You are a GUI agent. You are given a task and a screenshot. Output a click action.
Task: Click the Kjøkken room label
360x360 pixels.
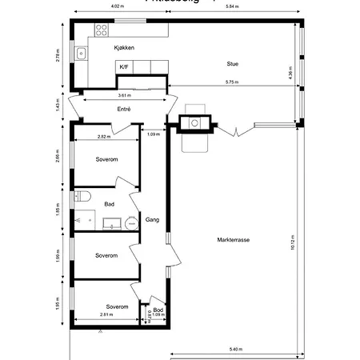pyautogui.click(x=124, y=49)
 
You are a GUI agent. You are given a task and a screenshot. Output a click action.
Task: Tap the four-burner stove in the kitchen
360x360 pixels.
pyautogui.click(x=102, y=30)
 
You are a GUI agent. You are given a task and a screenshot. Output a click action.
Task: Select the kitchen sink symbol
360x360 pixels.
pyautogui.click(x=81, y=54)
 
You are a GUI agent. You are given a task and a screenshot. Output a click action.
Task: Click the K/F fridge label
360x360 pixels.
pyautogui.click(x=124, y=67)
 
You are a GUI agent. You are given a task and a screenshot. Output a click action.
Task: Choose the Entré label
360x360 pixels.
pyautogui.click(x=124, y=108)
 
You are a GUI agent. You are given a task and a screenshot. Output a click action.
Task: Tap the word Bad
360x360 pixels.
pyautogui.click(x=109, y=204)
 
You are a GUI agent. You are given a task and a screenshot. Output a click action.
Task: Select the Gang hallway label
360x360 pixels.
pyautogui.click(x=151, y=218)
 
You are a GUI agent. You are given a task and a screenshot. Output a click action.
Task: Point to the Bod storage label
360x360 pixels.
pyautogui.click(x=158, y=310)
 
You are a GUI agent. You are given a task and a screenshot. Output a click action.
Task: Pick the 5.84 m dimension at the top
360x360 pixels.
pyautogui.click(x=233, y=7)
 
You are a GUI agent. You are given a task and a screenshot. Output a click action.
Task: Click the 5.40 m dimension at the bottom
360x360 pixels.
pyautogui.click(x=235, y=350)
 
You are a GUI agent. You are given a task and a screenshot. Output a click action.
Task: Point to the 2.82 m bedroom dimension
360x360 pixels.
pyautogui.click(x=104, y=136)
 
